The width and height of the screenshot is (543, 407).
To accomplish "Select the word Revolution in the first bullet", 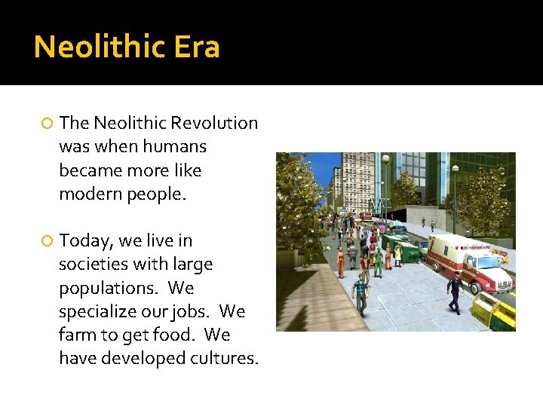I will (214, 123).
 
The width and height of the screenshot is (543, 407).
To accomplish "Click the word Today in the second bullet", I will (85, 241).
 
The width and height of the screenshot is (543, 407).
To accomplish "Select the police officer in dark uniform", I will (454, 293).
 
